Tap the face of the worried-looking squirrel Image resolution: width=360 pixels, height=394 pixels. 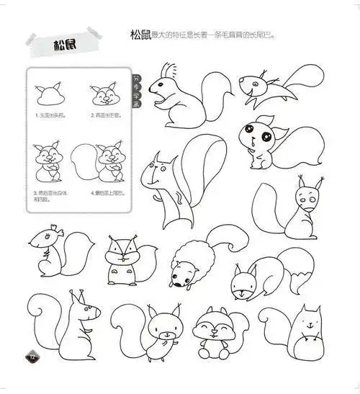tap(308, 197)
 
